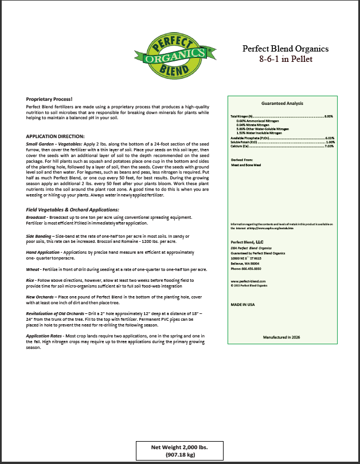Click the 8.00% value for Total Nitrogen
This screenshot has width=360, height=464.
[x=329, y=116]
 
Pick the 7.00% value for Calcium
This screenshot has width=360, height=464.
[x=329, y=146]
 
